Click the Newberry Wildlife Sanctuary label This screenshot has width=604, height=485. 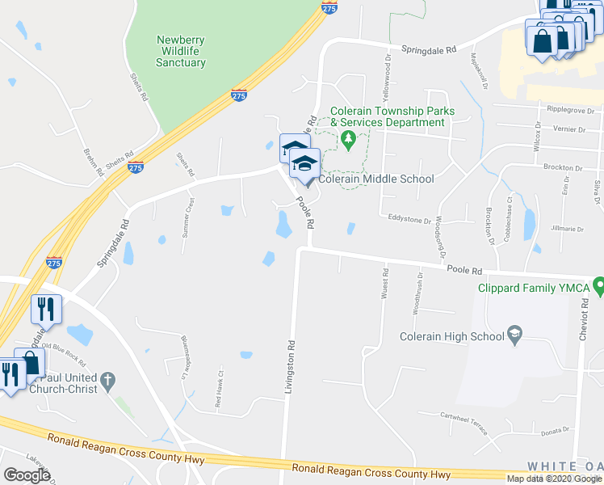point(181,51)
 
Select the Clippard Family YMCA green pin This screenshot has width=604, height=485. point(598,285)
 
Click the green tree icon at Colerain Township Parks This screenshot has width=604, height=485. point(348,141)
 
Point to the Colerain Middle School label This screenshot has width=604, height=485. point(376,179)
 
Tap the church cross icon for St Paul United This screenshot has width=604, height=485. point(108,379)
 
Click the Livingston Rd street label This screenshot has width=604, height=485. point(288,367)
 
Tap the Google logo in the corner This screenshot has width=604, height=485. point(27,474)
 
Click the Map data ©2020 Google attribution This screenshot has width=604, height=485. point(556,478)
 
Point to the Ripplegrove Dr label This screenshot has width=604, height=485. point(570,110)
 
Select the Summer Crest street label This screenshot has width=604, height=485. point(191,212)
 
